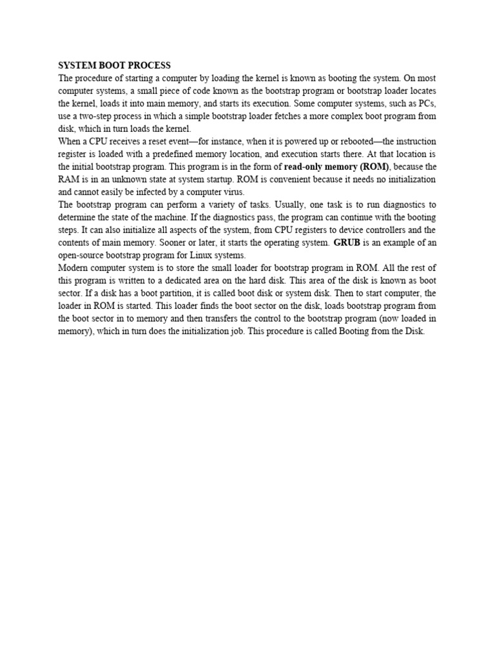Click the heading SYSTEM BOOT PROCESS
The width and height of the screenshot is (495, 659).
[115, 66]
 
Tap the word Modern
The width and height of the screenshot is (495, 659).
[75, 268]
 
